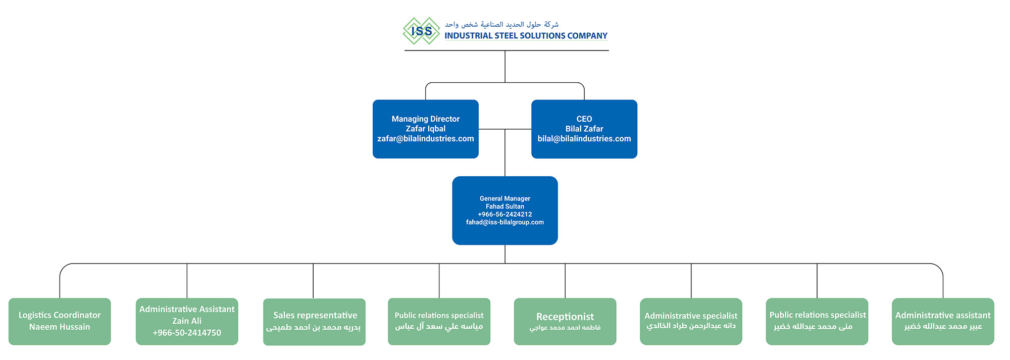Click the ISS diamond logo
(x=421, y=31)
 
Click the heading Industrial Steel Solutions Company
(x=526, y=36)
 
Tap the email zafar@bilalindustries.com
(x=425, y=139)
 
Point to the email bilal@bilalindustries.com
(x=584, y=139)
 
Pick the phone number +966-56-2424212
(x=504, y=214)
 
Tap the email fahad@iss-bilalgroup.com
(x=504, y=222)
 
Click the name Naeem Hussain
(x=60, y=327)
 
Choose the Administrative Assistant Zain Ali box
(x=187, y=321)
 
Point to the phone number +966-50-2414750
(x=187, y=333)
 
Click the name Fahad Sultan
(x=504, y=207)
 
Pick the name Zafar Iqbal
(x=425, y=129)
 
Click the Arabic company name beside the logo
(x=501, y=24)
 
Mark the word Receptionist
(x=565, y=317)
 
